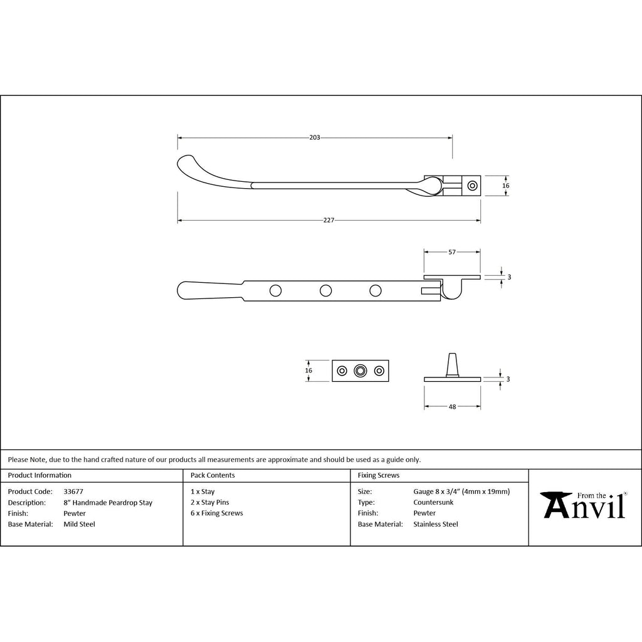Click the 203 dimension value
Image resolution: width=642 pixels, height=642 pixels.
click(315, 137)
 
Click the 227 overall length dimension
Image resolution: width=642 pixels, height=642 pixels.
click(329, 220)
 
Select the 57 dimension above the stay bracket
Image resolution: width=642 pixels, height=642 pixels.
click(452, 252)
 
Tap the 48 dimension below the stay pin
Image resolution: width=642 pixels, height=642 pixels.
click(452, 406)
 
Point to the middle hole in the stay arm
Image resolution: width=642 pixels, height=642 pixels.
click(325, 291)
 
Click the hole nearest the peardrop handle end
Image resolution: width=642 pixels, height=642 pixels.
click(276, 291)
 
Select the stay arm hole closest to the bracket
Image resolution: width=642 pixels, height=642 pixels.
click(376, 291)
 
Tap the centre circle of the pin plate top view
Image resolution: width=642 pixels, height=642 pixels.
click(360, 371)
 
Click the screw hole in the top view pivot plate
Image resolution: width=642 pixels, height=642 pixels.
click(473, 186)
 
